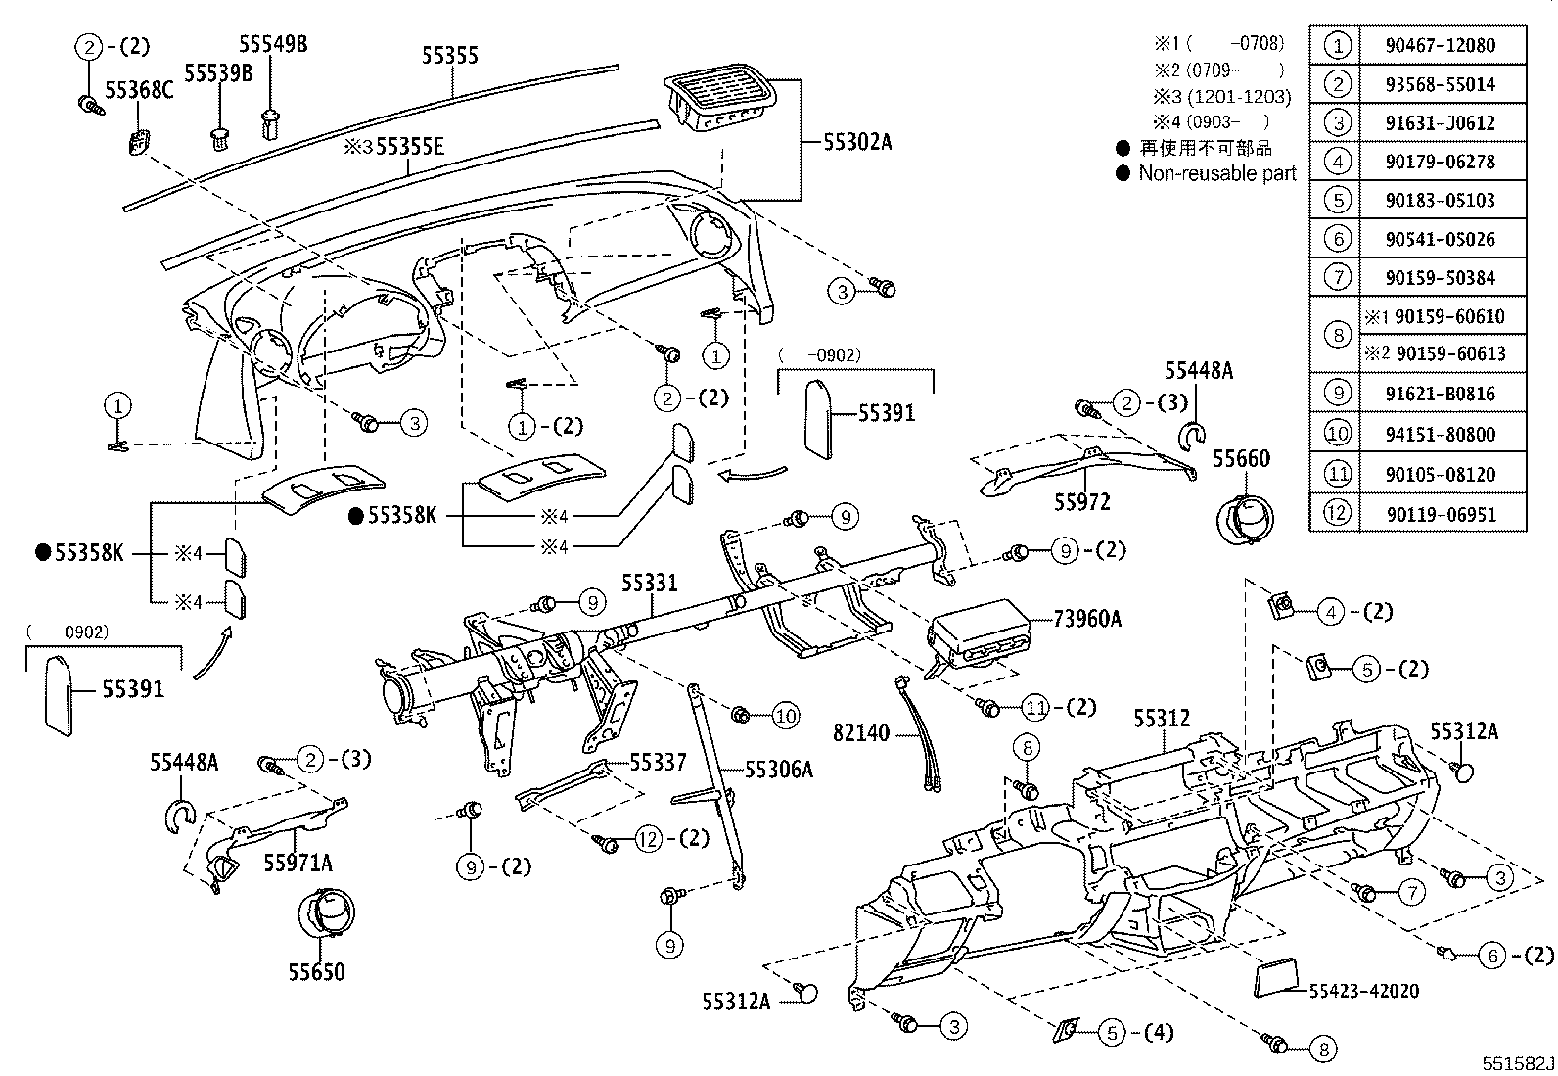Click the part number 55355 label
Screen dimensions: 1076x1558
[x=450, y=55]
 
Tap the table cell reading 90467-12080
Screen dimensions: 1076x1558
[x=1440, y=45]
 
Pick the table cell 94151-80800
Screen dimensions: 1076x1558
[x=1440, y=434]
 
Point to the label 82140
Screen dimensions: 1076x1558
[x=862, y=732]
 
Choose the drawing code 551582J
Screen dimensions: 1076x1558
[x=1516, y=1063]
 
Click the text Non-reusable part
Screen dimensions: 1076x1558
[x=1216, y=173]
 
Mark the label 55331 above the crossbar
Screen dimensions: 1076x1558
[x=649, y=583]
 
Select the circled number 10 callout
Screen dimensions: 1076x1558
[x=786, y=716]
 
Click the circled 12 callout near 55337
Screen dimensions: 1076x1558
[x=648, y=838]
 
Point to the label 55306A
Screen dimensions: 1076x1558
[x=779, y=770]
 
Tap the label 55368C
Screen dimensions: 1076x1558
[x=139, y=90]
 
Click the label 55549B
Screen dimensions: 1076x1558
[x=273, y=44]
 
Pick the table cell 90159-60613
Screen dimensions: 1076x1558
[x=1450, y=353]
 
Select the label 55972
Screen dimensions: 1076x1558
[x=1082, y=502]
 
